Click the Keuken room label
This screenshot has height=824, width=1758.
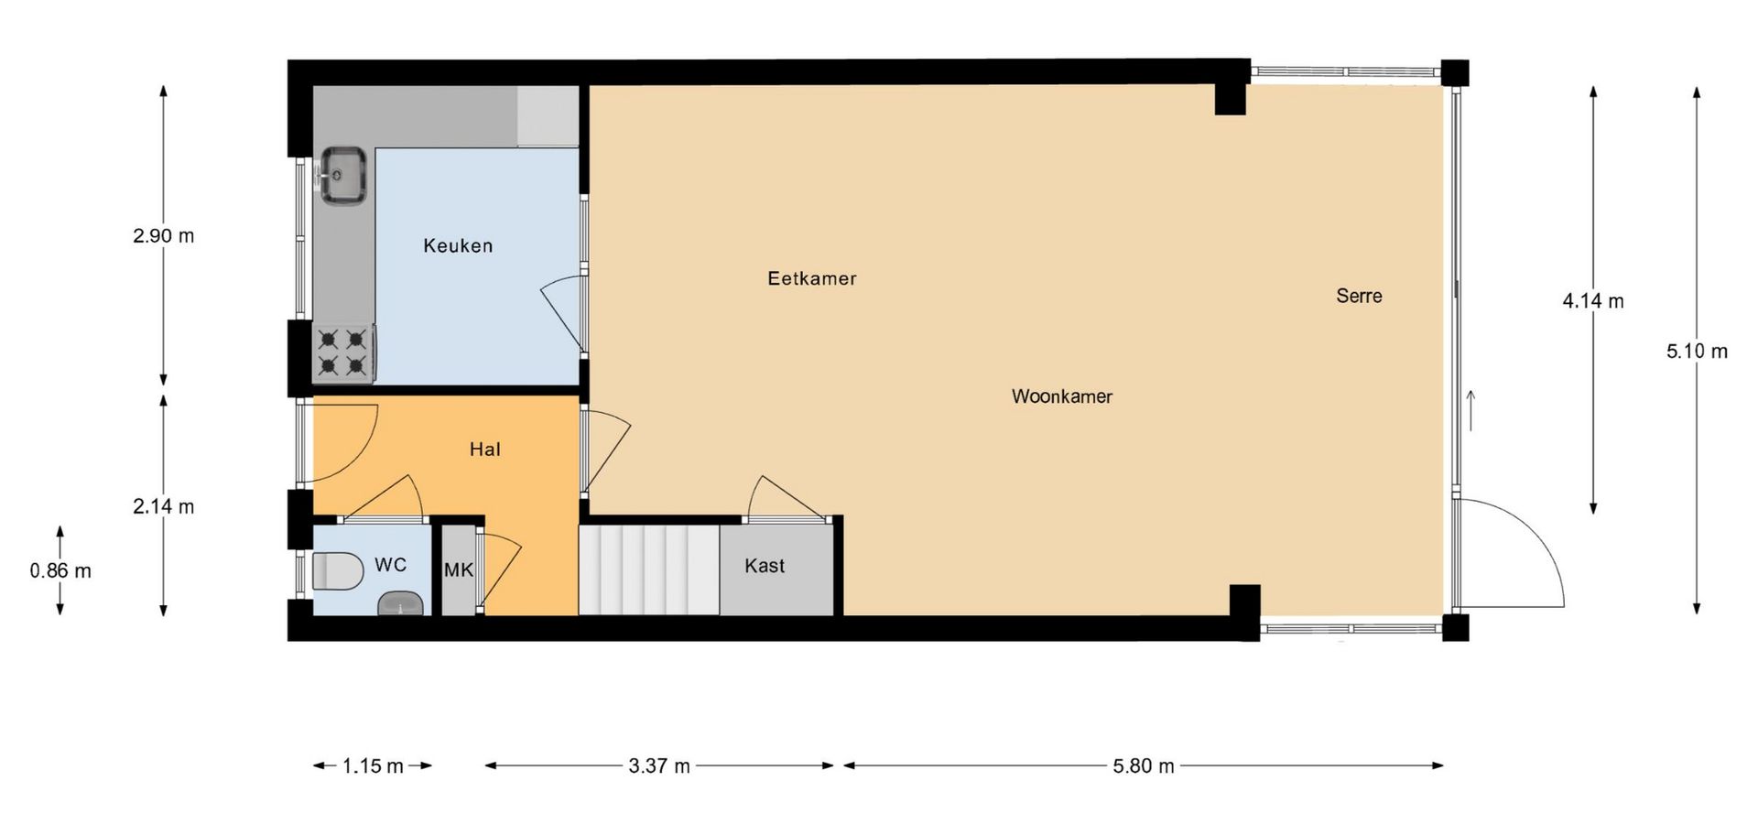[x=458, y=245]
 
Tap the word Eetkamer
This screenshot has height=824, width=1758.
[x=812, y=278]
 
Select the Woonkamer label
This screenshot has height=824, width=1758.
[x=1062, y=396]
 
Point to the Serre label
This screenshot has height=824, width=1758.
[x=1359, y=296]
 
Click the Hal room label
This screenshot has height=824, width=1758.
[x=485, y=450]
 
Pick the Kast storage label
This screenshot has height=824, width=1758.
[x=765, y=566]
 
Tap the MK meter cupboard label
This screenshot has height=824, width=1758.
[x=459, y=570]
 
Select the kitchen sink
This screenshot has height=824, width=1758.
[x=342, y=174]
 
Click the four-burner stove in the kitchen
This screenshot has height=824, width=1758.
[x=343, y=353]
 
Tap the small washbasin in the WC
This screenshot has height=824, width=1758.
[x=402, y=603]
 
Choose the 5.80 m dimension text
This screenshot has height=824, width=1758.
[x=1144, y=766]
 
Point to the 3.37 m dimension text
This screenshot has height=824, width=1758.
[x=659, y=766]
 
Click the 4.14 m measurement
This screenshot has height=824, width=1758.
[x=1593, y=301]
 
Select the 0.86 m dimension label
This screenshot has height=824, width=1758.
[x=60, y=571]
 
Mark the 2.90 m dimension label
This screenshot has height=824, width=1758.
[x=164, y=236]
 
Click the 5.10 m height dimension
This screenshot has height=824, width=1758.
[x=1697, y=352]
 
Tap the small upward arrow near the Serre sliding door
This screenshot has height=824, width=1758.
[x=1471, y=410]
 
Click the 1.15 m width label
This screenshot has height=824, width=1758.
[x=373, y=766]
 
